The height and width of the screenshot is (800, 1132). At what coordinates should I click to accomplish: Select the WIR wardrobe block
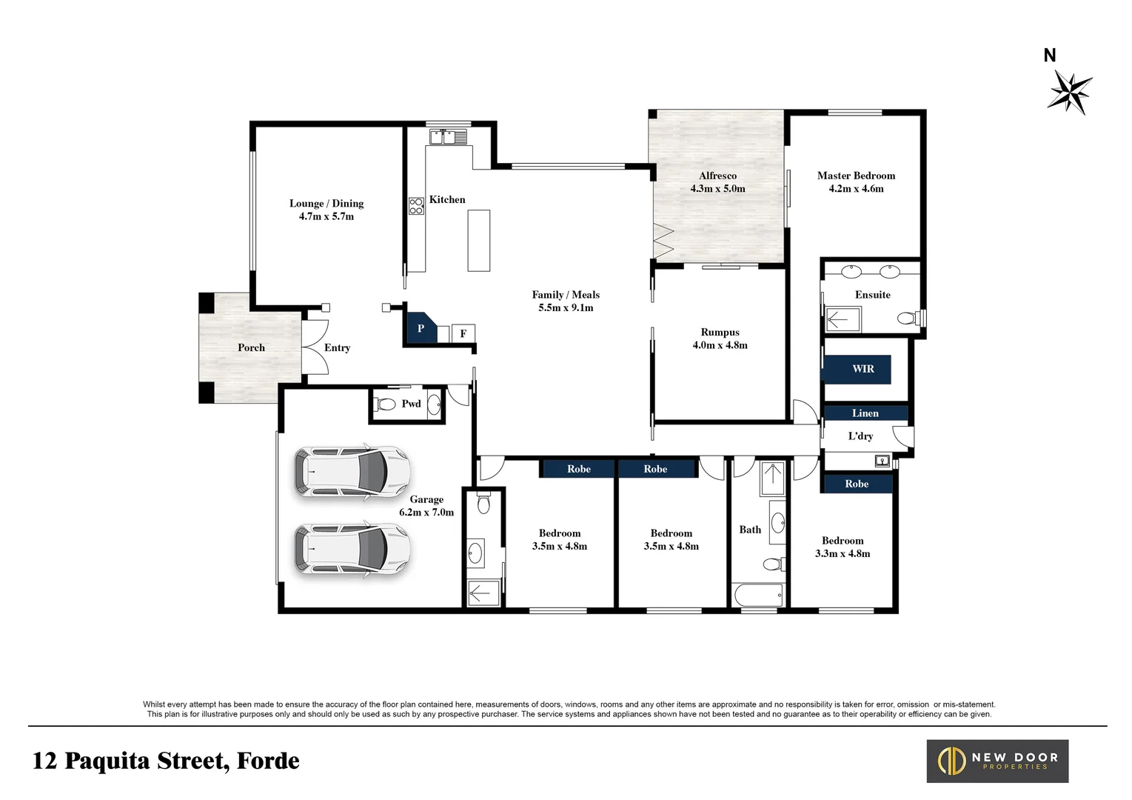[x=857, y=369]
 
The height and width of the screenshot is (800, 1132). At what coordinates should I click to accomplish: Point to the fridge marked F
[x=463, y=333]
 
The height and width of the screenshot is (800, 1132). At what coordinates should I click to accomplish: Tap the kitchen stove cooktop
[x=416, y=206]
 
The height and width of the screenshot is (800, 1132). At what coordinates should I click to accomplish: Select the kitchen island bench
[x=478, y=241]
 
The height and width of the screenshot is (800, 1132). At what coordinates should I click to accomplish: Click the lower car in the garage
[x=352, y=549]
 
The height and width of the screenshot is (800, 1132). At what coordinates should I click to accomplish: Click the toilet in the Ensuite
[x=911, y=318]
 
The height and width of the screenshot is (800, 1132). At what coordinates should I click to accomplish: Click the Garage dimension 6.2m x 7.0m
[x=426, y=513]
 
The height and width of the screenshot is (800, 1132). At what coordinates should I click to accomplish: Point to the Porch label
[x=251, y=347]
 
